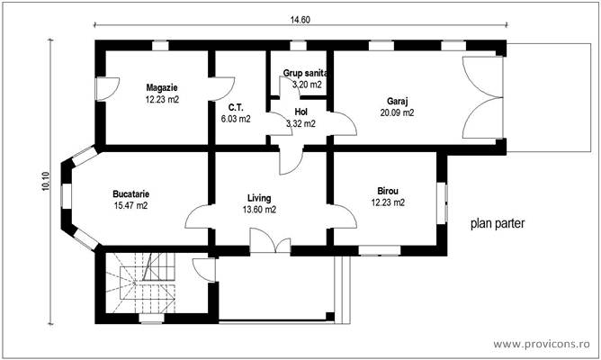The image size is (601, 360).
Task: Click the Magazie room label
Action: (x=162, y=88)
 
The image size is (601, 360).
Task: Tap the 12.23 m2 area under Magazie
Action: (x=162, y=100)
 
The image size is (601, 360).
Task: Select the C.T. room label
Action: (x=234, y=106)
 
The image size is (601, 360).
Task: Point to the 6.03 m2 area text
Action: (x=235, y=118)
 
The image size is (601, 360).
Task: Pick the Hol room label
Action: (x=301, y=112)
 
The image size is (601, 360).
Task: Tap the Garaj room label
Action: (x=398, y=101)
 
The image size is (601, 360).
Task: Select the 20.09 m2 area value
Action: (x=397, y=113)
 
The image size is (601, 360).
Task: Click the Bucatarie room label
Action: (x=130, y=193)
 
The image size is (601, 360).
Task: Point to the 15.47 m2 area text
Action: (x=130, y=206)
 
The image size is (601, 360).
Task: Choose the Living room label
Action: (x=259, y=198)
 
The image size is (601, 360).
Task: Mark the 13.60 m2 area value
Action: (x=259, y=210)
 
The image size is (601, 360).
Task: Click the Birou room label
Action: (x=388, y=191)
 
